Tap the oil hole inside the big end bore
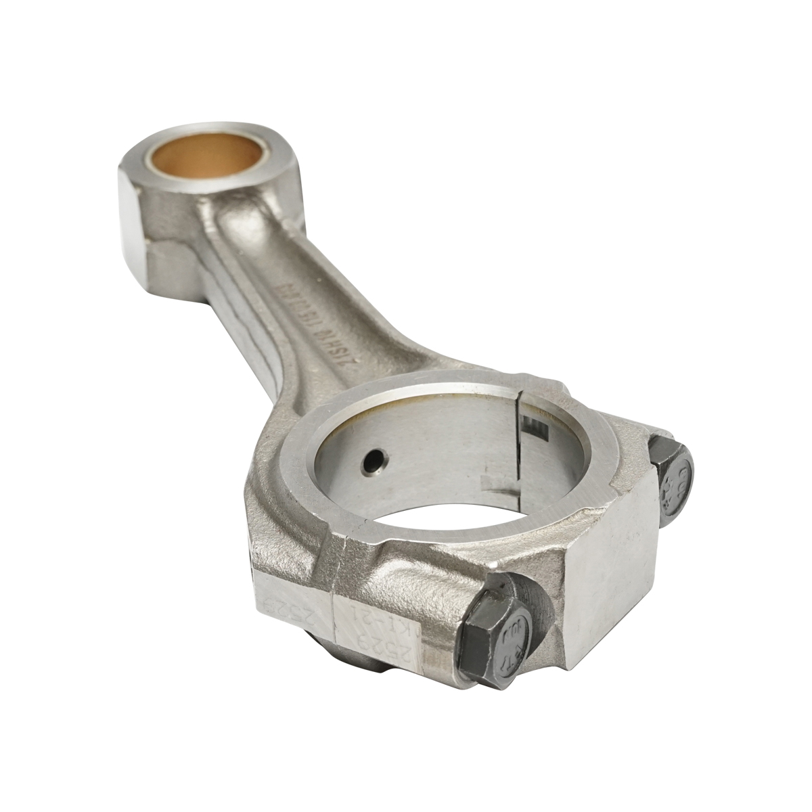371,462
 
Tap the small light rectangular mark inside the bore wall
491,482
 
